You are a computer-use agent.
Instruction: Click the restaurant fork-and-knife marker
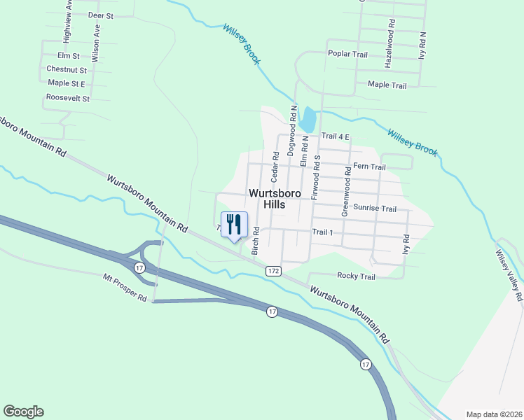[x=234, y=225]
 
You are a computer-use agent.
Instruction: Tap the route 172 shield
[x=273, y=270]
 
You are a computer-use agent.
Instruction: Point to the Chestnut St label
[x=66, y=69]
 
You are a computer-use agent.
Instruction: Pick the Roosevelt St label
[x=67, y=98]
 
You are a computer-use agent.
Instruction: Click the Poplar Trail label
[x=347, y=53]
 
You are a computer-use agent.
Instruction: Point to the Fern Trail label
[x=369, y=167]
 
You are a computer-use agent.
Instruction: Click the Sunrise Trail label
[x=374, y=209]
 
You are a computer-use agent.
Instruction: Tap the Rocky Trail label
[x=356, y=276]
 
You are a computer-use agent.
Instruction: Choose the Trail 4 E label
[x=335, y=136]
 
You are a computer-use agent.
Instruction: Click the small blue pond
[x=307, y=119]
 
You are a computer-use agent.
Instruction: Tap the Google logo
[x=23, y=412]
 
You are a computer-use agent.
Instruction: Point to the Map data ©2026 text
[x=493, y=414]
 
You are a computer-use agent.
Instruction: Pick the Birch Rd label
[x=256, y=240]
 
